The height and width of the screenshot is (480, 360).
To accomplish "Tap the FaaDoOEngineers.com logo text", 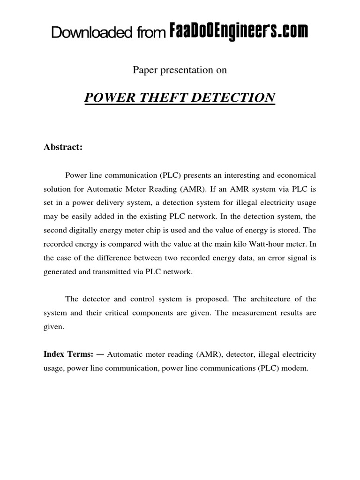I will point(238,32).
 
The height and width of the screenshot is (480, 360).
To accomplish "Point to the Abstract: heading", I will point(63,147).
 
